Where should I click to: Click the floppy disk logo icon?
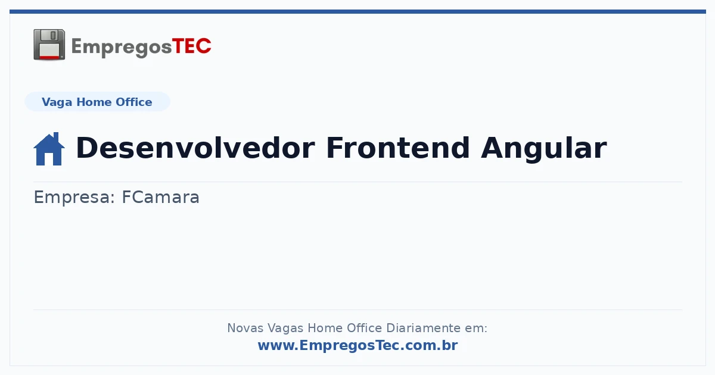point(49,45)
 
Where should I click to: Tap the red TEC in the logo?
point(191,46)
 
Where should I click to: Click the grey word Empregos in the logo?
point(122,48)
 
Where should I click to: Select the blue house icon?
point(49,149)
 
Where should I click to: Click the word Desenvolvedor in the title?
point(195,148)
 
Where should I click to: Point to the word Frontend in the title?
point(398,148)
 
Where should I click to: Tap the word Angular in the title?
point(543,149)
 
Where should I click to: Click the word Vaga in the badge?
point(57,102)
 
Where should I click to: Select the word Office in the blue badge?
point(133,102)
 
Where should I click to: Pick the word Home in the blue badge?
point(94,102)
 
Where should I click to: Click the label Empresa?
point(74,198)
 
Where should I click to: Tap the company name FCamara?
point(161,197)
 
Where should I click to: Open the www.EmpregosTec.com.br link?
point(358,346)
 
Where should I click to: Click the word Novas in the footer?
point(245,328)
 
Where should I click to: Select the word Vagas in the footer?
point(285,329)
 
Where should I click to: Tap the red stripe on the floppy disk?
point(49,57)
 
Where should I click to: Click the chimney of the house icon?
point(56,137)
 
